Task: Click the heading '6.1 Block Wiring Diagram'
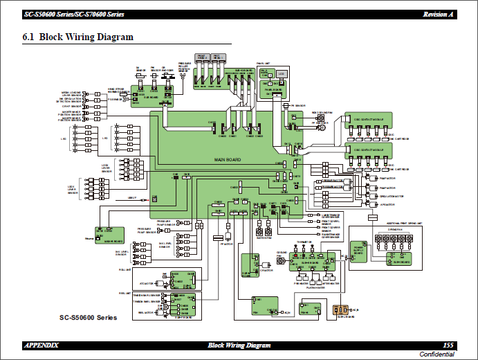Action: click(78, 37)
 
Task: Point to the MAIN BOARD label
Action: click(228, 160)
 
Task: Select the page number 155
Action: click(448, 345)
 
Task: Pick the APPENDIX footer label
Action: click(42, 345)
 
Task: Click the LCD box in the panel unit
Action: click(282, 73)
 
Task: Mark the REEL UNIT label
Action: click(125, 293)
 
